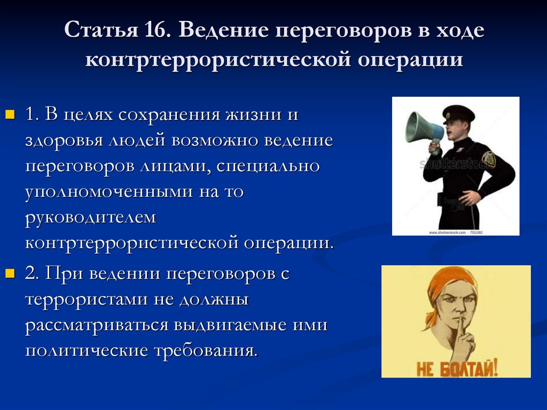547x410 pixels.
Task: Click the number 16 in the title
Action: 154,30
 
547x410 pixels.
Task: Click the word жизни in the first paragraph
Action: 245,114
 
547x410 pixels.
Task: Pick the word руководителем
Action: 90,217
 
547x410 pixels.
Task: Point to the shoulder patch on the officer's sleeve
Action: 488,157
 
